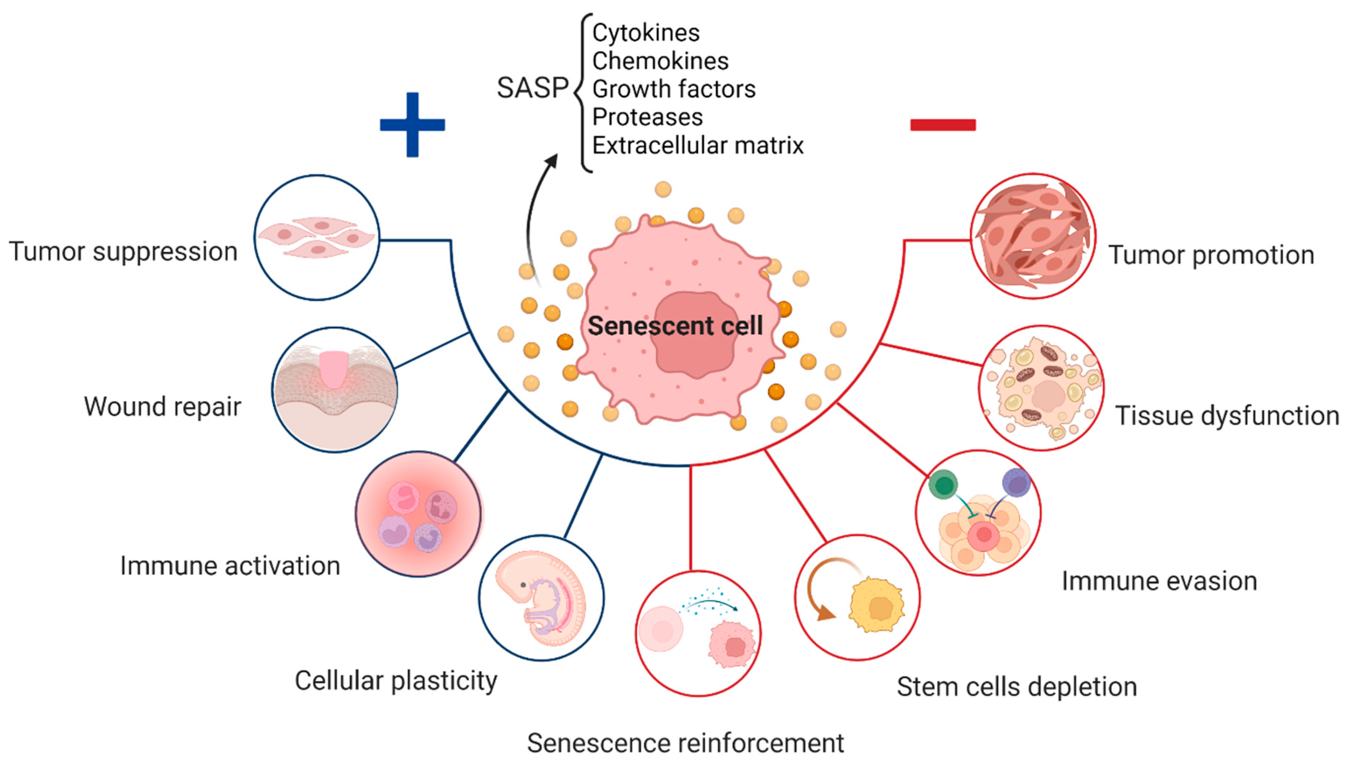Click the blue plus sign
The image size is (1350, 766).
pyautogui.click(x=412, y=125)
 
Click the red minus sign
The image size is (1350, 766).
pyautogui.click(x=943, y=125)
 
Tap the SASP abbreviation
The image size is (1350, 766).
pyautogui.click(x=532, y=88)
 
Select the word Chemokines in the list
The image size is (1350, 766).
pyautogui.click(x=660, y=61)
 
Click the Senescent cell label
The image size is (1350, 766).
pyautogui.click(x=675, y=326)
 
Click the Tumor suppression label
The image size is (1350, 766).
pyautogui.click(x=123, y=251)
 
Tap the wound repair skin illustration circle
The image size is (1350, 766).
pyautogui.click(x=334, y=389)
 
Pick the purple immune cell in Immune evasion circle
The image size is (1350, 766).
pyautogui.click(x=1016, y=482)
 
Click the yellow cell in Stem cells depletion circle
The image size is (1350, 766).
pyautogui.click(x=877, y=605)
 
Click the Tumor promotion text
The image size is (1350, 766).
pyautogui.click(x=1211, y=255)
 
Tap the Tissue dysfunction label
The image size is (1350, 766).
pyautogui.click(x=1227, y=416)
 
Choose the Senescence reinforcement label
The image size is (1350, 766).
pyautogui.click(x=685, y=743)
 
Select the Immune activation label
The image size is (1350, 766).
pyautogui.click(x=230, y=566)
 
